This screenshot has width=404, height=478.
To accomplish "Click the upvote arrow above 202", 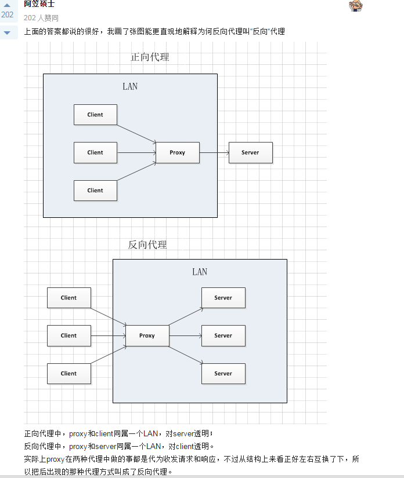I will pyautogui.click(x=8, y=5).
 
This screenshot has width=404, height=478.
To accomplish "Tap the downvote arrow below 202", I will pyautogui.click(x=8, y=32).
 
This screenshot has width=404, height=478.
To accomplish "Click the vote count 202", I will pyautogui.click(x=8, y=15).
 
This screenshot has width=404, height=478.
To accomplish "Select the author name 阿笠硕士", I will pyautogui.click(x=39, y=4).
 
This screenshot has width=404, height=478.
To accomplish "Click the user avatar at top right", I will pyautogui.click(x=356, y=6).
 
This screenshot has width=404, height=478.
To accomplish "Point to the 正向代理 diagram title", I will pyautogui.click(x=150, y=57).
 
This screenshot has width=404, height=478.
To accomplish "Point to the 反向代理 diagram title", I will pyautogui.click(x=147, y=245).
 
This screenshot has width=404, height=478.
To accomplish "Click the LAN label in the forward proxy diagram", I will pyautogui.click(x=130, y=86).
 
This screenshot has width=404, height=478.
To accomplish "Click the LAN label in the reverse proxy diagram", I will pyautogui.click(x=200, y=272).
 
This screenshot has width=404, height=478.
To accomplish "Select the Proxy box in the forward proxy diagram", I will pyautogui.click(x=178, y=152).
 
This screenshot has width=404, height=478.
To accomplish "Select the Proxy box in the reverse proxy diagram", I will pyautogui.click(x=147, y=335).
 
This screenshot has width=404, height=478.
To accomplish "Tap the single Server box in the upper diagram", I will pyautogui.click(x=250, y=152).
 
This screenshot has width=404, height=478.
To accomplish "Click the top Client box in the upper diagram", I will pyautogui.click(x=95, y=115).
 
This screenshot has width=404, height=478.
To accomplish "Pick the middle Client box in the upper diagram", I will pyautogui.click(x=95, y=152).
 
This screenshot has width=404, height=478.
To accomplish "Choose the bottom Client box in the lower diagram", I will pyautogui.click(x=68, y=374).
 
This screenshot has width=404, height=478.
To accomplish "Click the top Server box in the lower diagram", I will pyautogui.click(x=223, y=298).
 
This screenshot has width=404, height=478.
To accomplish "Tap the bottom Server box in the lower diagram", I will pyautogui.click(x=223, y=374).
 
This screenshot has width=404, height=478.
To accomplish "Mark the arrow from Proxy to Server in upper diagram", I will pyautogui.click(x=214, y=152).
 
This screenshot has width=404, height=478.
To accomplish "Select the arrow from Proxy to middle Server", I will pyautogui.click(x=185, y=335).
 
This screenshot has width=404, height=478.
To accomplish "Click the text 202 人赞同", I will pyautogui.click(x=41, y=18).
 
